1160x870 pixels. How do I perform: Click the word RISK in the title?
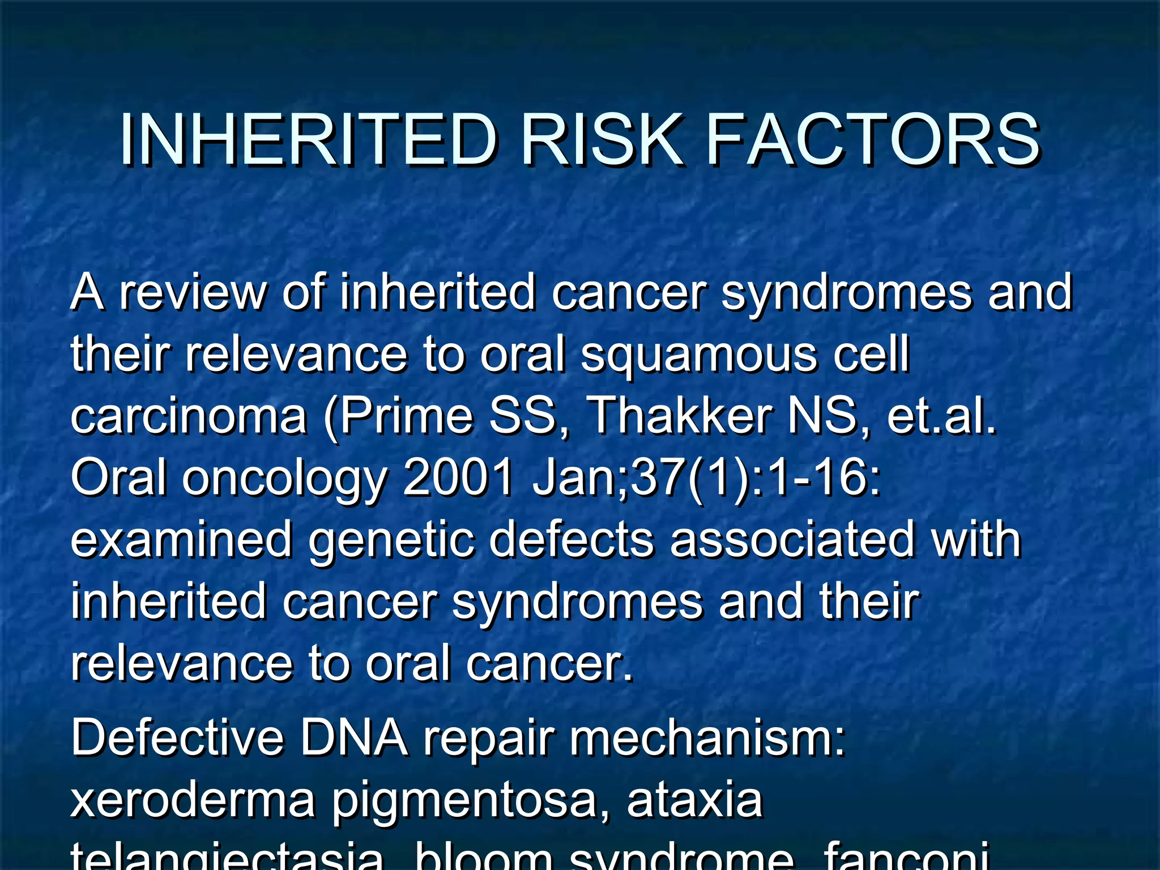pos(601,140)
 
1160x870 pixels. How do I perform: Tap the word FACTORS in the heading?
pos(873,140)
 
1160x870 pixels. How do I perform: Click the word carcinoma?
pos(189,416)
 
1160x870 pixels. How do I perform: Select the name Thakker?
pos(680,416)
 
